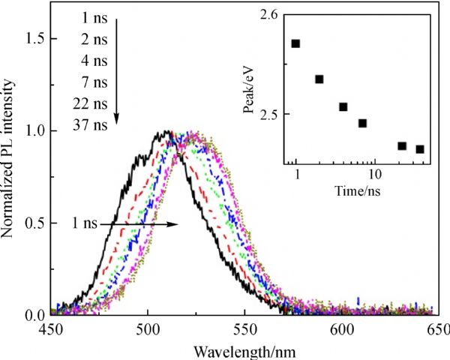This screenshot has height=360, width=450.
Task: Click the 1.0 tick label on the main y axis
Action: (x=37, y=130)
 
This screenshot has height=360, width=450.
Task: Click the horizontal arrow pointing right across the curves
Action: (x=142, y=223)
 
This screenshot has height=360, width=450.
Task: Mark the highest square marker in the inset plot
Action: (x=295, y=43)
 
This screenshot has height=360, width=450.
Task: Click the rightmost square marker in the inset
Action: (x=420, y=149)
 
